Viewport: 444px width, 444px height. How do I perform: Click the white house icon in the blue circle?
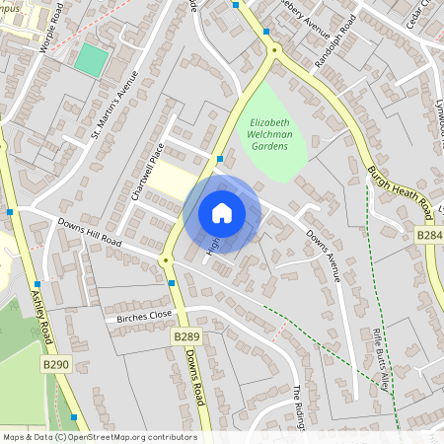(x=222, y=213)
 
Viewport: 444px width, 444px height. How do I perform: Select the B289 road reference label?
(x=186, y=336)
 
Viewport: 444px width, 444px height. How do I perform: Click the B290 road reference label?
(x=56, y=365)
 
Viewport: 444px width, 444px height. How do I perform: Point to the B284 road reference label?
(x=429, y=236)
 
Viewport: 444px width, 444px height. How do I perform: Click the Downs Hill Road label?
(x=89, y=234)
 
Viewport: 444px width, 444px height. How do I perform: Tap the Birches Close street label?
(x=144, y=317)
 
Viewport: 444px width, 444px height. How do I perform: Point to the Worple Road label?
(x=51, y=35)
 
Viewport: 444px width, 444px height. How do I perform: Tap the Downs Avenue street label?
(x=323, y=256)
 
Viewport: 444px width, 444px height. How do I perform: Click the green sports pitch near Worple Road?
(x=90, y=60)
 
